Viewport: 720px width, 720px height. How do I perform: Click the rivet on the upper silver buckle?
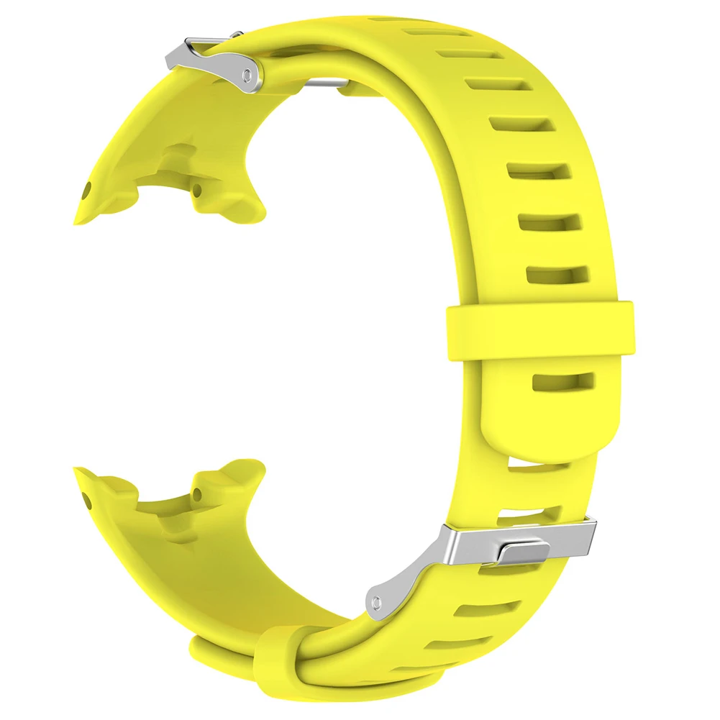(x=248, y=74)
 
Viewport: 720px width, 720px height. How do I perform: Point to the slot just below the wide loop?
(x=563, y=381)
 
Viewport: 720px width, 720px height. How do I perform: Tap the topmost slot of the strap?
(x=429, y=32)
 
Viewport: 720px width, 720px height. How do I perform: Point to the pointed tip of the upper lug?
(x=78, y=216)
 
